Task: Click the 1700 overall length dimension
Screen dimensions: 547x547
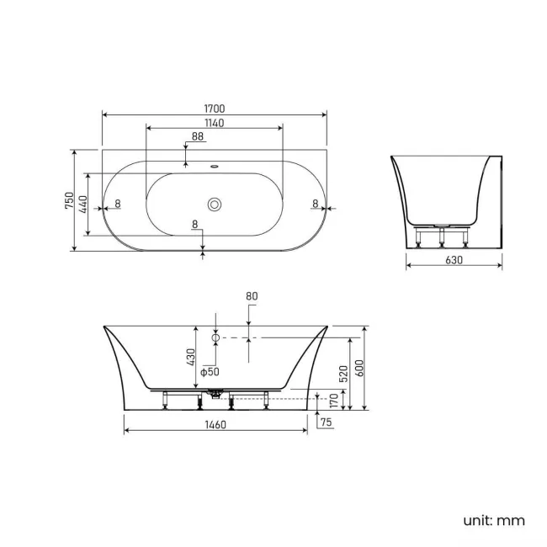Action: pyautogui.click(x=214, y=109)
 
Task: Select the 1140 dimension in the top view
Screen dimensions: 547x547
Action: pyautogui.click(x=214, y=123)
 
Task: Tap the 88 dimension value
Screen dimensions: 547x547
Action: pyautogui.click(x=197, y=136)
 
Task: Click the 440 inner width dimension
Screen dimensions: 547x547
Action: pyautogui.click(x=83, y=203)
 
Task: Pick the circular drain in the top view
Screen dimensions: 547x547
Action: pyautogui.click(x=215, y=204)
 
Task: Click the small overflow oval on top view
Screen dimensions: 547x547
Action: pyautogui.click(x=215, y=166)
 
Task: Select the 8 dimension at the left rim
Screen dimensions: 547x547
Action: pyautogui.click(x=117, y=203)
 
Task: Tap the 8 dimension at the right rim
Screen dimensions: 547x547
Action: pyautogui.click(x=314, y=203)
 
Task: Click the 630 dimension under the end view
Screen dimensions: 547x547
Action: pyautogui.click(x=454, y=260)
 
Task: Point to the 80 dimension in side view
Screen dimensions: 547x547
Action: pyautogui.click(x=251, y=296)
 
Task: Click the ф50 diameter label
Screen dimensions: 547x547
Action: pyautogui.click(x=210, y=372)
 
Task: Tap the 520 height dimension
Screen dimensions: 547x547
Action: pyautogui.click(x=344, y=373)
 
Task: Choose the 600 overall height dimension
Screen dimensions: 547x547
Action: pyautogui.click(x=359, y=369)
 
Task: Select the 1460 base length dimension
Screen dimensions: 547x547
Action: pyautogui.click(x=215, y=425)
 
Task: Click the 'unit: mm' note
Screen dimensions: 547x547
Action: pyautogui.click(x=493, y=520)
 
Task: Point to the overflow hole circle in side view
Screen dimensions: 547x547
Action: pyautogui.click(x=215, y=337)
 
